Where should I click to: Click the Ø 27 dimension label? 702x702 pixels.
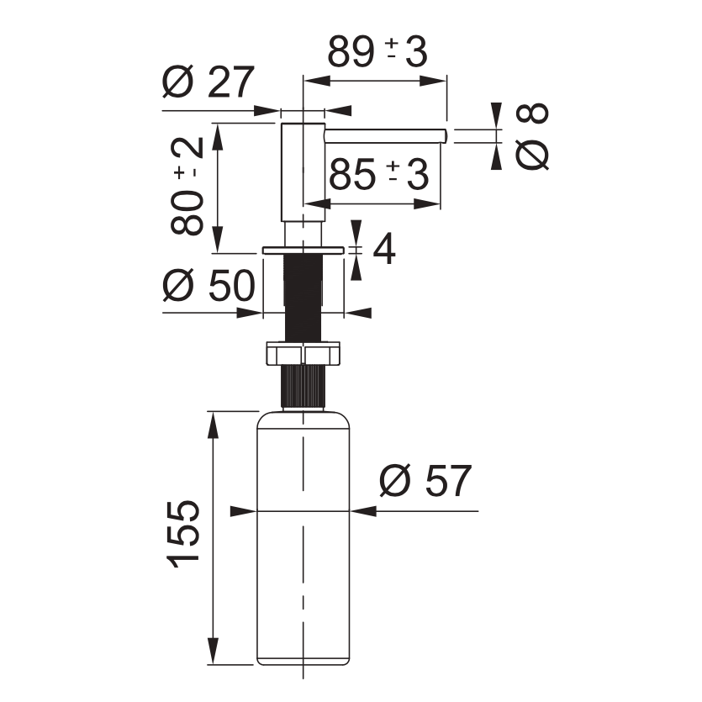coord(208,82)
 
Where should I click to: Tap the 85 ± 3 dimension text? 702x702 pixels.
coord(379,174)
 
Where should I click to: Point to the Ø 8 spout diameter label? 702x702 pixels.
coord(532,136)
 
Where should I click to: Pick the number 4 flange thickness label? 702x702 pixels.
coord(384,249)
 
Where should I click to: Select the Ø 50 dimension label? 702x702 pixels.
coord(209,285)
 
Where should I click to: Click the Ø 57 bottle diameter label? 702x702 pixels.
coord(425,480)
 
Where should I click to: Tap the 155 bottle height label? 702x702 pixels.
coord(183,533)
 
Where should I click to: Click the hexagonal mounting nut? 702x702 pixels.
coord(303,353)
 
